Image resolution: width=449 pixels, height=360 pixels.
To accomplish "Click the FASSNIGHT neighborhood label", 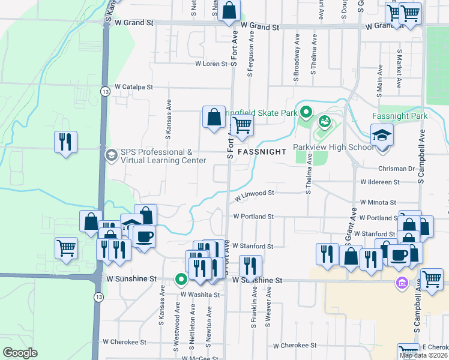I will [x=262, y=152].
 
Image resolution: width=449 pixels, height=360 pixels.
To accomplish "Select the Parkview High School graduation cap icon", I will [x=382, y=135].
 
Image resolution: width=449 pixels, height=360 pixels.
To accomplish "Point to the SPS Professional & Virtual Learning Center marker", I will [x=111, y=155].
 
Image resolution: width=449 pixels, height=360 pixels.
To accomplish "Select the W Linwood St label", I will [x=254, y=194].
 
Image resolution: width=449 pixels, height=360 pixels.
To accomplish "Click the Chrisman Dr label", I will [x=397, y=169].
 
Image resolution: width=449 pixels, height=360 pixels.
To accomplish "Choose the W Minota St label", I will [x=378, y=203].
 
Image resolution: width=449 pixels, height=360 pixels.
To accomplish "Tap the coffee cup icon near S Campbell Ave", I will [x=399, y=255].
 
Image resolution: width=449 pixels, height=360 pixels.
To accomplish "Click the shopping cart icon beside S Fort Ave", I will [x=242, y=125].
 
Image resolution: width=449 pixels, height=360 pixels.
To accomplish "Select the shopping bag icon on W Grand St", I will [x=229, y=10].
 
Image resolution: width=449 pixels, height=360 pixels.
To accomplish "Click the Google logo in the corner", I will [x=20, y=353].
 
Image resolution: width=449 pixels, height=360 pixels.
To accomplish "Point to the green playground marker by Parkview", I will [x=325, y=122].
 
